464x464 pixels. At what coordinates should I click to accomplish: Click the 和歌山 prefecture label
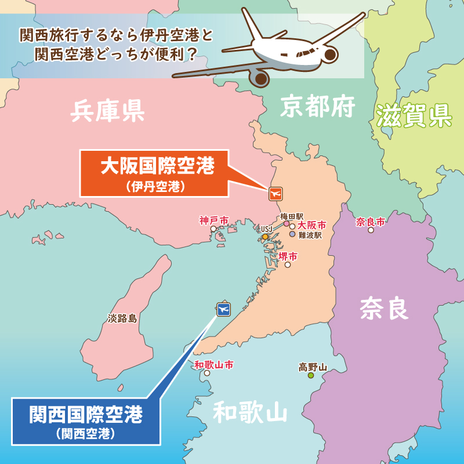coord(250,413)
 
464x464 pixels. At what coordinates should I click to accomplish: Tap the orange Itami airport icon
coord(275,193)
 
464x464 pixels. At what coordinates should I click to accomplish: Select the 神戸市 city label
coord(213,220)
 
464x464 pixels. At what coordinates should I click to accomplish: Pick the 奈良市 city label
coord(371,222)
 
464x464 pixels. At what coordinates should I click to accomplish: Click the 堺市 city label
coord(288,256)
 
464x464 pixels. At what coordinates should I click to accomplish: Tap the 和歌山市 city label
coord(213,365)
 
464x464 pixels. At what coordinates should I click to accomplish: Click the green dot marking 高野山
coord(311,376)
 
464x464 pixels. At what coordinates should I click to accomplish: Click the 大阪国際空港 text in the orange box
coord(157,166)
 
